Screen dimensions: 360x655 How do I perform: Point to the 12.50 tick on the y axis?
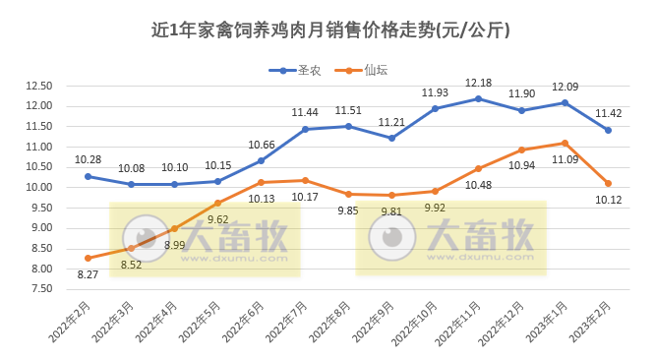point(38,86)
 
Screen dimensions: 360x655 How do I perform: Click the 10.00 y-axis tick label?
point(38,187)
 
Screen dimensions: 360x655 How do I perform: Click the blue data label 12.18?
point(479,83)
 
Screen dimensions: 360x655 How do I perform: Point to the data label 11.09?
point(566,160)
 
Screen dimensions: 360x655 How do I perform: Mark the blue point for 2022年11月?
point(478,98)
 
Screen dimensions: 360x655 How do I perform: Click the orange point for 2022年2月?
point(89,258)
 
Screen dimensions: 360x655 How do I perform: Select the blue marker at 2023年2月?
point(608,130)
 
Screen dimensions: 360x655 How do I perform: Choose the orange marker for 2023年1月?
point(565,143)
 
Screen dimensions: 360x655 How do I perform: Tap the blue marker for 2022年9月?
point(391,138)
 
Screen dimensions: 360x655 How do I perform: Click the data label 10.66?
point(262,145)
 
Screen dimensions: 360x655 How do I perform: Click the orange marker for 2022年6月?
point(262,182)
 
